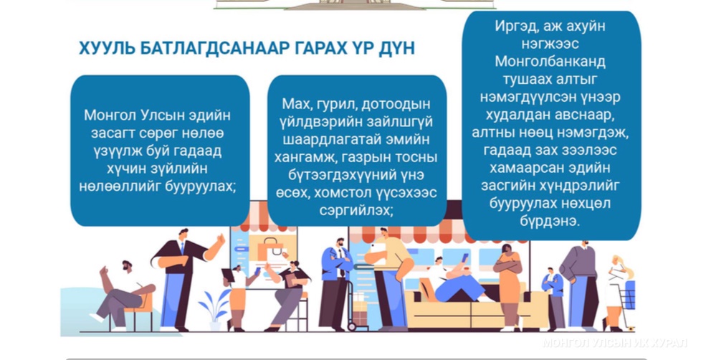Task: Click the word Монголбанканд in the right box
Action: point(550,61)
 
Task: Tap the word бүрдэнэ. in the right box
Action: point(550,221)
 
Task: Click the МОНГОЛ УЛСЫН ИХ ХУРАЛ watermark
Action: point(614,343)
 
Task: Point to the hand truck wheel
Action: point(352,327)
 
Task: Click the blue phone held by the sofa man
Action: point(464,258)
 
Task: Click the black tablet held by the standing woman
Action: point(228,275)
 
